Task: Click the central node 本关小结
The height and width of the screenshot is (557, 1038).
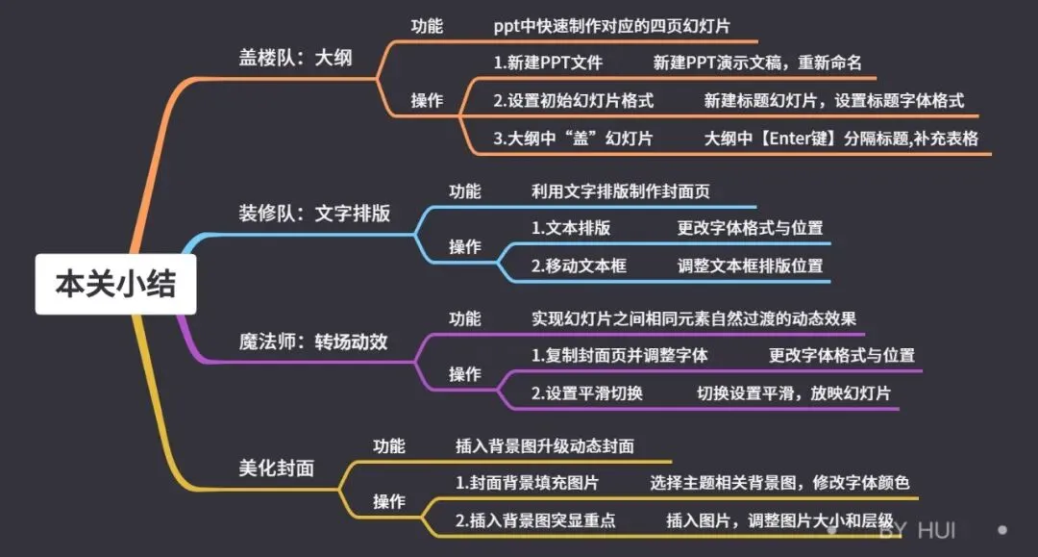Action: click(115, 285)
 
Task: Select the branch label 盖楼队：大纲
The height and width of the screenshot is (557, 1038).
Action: click(295, 57)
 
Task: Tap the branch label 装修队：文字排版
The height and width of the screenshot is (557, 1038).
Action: click(314, 214)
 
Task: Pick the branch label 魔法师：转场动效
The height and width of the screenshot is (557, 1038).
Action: click(313, 342)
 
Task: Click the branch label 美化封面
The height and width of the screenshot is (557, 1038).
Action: click(276, 468)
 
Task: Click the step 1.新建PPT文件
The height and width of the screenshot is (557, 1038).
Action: click(548, 63)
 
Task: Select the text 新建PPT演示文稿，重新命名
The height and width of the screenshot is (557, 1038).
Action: click(757, 63)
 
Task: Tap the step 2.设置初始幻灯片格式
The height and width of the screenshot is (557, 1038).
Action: click(573, 100)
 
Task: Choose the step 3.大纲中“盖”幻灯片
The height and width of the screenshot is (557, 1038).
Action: click(573, 138)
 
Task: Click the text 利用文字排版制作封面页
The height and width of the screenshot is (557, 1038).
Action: click(621, 190)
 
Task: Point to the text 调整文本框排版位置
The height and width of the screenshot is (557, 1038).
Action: click(750, 266)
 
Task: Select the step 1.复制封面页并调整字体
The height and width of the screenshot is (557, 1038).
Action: click(620, 355)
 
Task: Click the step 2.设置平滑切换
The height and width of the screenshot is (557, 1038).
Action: click(587, 392)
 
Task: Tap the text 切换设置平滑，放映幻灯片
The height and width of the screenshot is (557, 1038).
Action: click(793, 392)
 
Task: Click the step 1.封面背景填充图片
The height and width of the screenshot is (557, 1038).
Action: click(528, 482)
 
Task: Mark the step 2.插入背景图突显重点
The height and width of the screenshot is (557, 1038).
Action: click(535, 520)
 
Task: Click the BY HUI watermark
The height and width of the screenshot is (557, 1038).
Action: click(918, 530)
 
